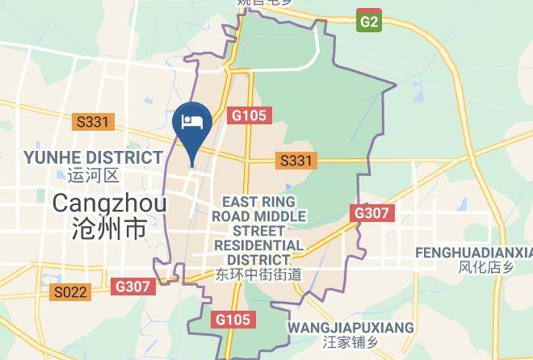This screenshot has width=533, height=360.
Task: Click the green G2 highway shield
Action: click(x=368, y=22)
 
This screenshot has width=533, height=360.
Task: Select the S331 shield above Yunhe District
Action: click(x=93, y=122)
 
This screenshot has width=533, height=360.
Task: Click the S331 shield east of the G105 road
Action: click(x=296, y=161)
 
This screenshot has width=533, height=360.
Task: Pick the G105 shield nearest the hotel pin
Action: click(x=247, y=115)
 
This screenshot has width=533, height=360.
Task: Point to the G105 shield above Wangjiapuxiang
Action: click(x=233, y=320)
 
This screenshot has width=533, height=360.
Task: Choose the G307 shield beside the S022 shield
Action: click(x=132, y=286)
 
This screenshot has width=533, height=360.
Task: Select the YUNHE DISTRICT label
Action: click(x=93, y=157)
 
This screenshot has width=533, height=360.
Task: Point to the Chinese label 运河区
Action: click(x=94, y=174)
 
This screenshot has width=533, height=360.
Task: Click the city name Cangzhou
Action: click(x=110, y=203)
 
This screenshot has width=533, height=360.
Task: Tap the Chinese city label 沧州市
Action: click(x=110, y=228)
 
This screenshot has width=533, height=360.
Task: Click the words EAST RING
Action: click(x=259, y=202)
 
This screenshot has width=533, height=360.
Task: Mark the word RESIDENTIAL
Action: click(x=258, y=245)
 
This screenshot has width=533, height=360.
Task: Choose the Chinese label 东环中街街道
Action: click(x=258, y=274)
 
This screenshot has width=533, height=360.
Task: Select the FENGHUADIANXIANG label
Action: click(x=474, y=253)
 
